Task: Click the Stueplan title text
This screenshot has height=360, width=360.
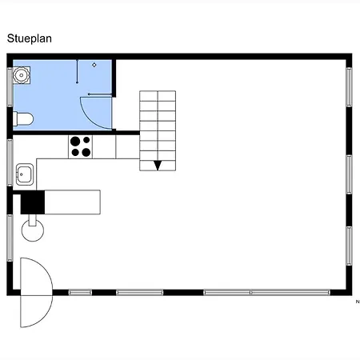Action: pyautogui.click(x=30, y=39)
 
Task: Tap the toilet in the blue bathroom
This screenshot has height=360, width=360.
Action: pyautogui.click(x=23, y=119)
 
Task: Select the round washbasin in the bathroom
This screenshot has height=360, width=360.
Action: pyautogui.click(x=22, y=75)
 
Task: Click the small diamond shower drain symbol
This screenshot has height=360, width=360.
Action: pyautogui.click(x=94, y=65)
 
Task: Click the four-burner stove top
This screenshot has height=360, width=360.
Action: pyautogui.click(x=80, y=147)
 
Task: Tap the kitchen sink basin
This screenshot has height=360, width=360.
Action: pyautogui.click(x=25, y=174)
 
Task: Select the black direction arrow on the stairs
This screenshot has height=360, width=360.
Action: pyautogui.click(x=158, y=166)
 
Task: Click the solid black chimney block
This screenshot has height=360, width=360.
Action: pyautogui.click(x=33, y=202)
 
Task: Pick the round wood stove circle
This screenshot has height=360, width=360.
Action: pyautogui.click(x=33, y=230)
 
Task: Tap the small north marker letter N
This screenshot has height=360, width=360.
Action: pyautogui.click(x=358, y=302)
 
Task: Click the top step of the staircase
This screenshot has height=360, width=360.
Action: pyautogui.click(x=158, y=96)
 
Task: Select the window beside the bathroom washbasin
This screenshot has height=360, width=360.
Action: pyautogui.click(x=10, y=87)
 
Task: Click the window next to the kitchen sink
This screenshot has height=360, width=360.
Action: pyautogui.click(x=10, y=162)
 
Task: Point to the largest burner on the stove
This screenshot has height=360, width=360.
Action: pyautogui.click(x=75, y=142)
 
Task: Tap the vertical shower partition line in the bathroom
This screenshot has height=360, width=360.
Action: pyautogui.click(x=78, y=71)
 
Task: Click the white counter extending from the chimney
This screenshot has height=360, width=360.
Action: pyautogui.click(x=73, y=202)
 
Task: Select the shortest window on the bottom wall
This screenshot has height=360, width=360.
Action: pyautogui.click(x=80, y=293)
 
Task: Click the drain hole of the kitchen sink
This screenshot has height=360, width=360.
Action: pyautogui.click(x=22, y=174)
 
